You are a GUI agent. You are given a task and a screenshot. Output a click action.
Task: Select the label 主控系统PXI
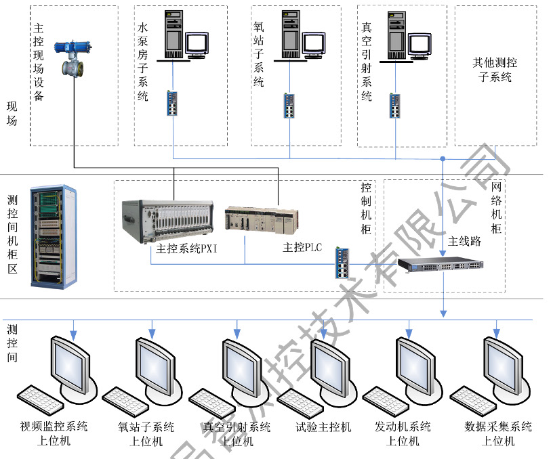point(186,248)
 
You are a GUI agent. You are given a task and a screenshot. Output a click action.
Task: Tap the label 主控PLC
point(302,248)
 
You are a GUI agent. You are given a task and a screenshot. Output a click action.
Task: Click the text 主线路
point(464,241)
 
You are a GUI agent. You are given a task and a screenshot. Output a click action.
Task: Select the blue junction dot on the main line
point(443,158)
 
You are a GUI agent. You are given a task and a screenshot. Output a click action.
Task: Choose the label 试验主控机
point(323,427)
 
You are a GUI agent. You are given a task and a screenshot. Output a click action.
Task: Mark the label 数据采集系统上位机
point(498,434)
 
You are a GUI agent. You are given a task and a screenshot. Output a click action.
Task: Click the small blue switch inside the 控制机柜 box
point(341,262)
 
